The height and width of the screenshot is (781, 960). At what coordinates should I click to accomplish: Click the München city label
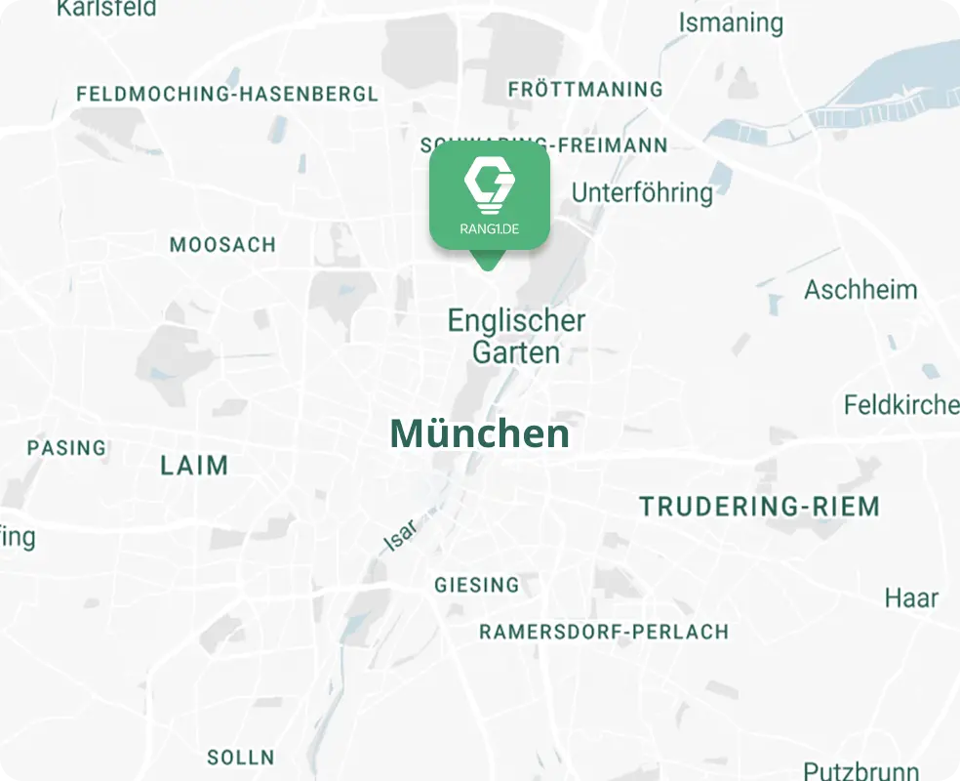click(x=479, y=433)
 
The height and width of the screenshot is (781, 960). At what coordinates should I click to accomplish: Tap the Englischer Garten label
click(x=516, y=336)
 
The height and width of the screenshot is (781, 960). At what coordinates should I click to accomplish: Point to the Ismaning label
click(x=731, y=22)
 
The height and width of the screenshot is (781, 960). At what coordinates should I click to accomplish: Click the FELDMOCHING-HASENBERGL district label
click(x=226, y=95)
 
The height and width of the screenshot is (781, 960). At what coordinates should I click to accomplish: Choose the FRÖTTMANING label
click(x=585, y=90)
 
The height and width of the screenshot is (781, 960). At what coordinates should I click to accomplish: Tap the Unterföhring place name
click(x=642, y=192)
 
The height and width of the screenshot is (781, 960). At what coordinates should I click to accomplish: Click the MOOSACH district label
click(x=222, y=244)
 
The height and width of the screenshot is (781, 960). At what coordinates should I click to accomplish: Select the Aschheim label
click(x=860, y=290)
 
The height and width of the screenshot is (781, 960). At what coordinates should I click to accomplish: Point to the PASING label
click(x=66, y=448)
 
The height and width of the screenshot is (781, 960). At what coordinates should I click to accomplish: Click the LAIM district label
click(x=194, y=466)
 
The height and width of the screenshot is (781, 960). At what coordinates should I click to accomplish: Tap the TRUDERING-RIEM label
click(x=759, y=507)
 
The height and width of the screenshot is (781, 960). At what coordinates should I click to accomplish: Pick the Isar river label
click(x=401, y=535)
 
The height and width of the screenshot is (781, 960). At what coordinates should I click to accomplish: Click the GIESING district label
click(x=477, y=585)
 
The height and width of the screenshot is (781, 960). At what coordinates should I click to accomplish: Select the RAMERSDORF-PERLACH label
click(x=604, y=632)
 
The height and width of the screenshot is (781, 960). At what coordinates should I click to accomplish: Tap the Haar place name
click(x=911, y=597)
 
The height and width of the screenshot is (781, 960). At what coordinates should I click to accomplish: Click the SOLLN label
click(x=240, y=757)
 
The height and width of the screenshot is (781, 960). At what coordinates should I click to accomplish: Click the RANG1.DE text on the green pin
click(x=489, y=229)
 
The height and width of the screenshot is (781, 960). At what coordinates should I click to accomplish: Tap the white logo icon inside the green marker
click(x=489, y=185)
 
